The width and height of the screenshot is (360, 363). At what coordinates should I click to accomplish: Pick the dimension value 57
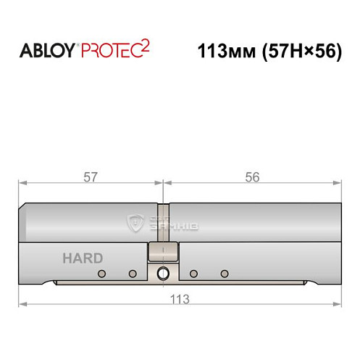[91, 177]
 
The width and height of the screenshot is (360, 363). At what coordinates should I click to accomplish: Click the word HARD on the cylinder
[82, 258]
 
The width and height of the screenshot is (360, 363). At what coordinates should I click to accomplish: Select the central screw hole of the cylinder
[162, 273]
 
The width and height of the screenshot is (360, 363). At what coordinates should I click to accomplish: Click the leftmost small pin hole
[101, 273]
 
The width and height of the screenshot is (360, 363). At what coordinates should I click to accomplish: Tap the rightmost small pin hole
[225, 273]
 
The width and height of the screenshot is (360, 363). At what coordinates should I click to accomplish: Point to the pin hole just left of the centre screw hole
[133, 273]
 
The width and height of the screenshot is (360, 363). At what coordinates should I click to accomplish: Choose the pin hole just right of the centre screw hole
[193, 273]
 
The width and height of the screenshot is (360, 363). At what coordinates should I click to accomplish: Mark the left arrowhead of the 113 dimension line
[22, 304]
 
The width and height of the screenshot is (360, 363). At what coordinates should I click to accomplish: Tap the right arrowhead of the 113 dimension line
[338, 304]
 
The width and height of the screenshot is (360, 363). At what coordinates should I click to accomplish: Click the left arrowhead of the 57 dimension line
[22, 183]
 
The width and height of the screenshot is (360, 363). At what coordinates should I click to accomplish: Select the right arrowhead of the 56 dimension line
[338, 183]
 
